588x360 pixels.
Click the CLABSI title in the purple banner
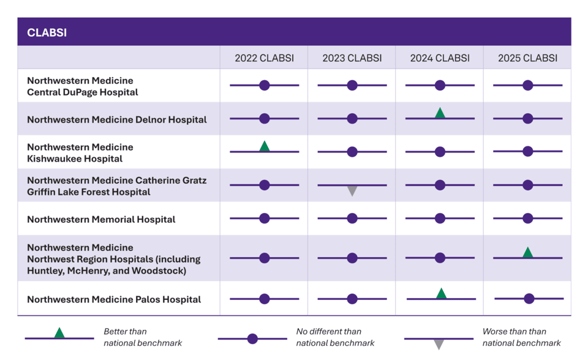tap(47, 32)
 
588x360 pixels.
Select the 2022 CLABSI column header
tap(265, 58)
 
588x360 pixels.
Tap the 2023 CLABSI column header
tap(352, 58)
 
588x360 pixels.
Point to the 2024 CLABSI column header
tap(440, 58)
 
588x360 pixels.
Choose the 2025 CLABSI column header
tap(527, 58)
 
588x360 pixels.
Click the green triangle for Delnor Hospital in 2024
tap(440, 113)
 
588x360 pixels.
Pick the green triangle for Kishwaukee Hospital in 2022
tap(265, 146)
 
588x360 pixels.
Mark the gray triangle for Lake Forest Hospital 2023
tap(352, 190)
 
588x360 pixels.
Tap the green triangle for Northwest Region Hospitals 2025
tap(527, 253)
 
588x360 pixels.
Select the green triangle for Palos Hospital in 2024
tap(442, 294)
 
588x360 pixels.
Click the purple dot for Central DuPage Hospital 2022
tap(265, 86)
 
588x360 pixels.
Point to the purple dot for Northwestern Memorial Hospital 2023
tap(352, 218)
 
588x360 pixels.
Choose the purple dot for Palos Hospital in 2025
tap(529, 299)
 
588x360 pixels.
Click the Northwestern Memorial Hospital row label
tap(101, 219)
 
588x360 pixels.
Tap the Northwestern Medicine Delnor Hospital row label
tap(117, 119)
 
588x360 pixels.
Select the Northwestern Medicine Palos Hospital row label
tap(114, 299)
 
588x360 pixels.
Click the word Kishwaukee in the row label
tap(51, 159)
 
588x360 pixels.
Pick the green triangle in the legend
tap(59, 333)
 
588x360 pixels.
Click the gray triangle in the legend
tap(439, 344)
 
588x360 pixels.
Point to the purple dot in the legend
tap(252, 339)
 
